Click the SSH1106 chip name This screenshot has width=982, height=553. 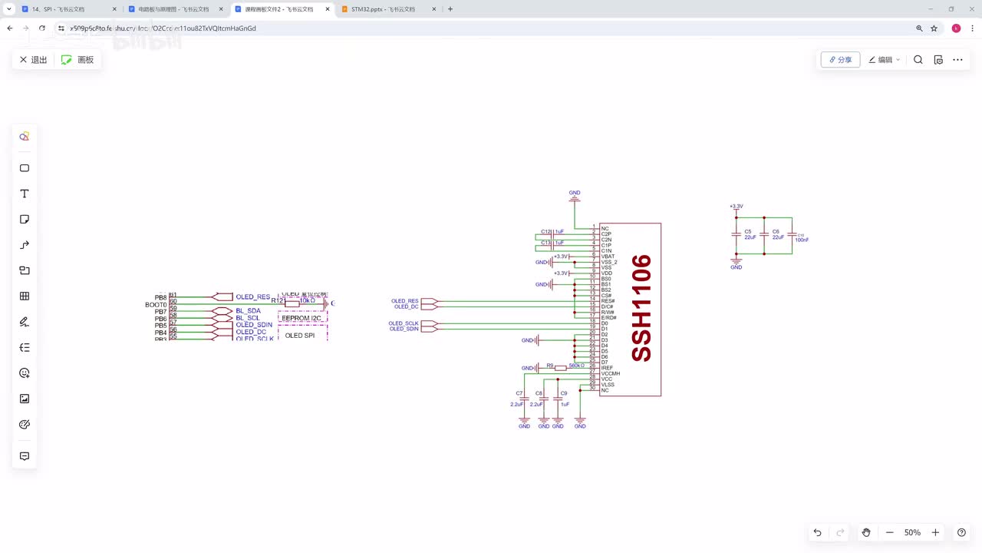(641, 308)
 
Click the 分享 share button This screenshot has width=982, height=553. (840, 60)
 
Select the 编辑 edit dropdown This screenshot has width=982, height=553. (885, 60)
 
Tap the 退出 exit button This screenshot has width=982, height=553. (33, 60)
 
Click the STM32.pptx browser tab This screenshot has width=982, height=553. (382, 9)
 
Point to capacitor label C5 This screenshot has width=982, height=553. (747, 231)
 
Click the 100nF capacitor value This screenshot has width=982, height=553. (802, 240)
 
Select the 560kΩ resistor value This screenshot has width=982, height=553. (576, 366)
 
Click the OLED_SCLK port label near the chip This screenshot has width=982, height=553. (404, 323)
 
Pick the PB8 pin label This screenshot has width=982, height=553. (160, 297)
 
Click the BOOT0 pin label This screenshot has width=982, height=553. (156, 305)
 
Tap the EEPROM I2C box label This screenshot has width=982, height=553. (302, 318)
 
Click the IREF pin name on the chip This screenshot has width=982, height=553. (607, 368)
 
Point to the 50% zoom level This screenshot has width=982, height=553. (912, 532)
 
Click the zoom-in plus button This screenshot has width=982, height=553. (935, 532)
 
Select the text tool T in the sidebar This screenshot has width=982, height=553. (25, 194)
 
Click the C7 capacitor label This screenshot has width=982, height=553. (519, 393)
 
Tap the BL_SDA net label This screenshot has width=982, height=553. (248, 311)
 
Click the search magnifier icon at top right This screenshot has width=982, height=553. (918, 60)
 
